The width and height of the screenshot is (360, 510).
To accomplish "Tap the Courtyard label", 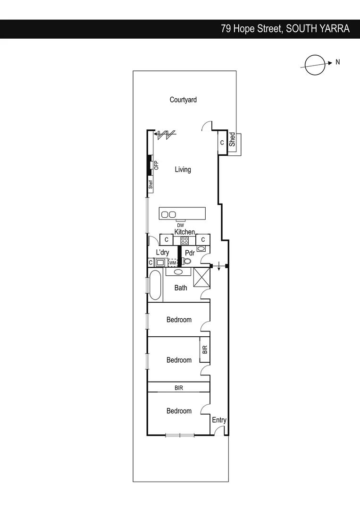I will click(x=183, y=100).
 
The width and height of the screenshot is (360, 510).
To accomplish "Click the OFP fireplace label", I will click(x=157, y=165).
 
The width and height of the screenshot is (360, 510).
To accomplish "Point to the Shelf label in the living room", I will click(x=151, y=185).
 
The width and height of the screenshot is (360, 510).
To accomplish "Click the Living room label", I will click(x=183, y=169).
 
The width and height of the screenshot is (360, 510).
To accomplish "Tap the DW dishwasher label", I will click(x=181, y=225).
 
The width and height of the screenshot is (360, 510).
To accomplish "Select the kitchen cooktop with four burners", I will click(x=184, y=240).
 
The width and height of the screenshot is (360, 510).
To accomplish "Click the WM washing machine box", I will click(x=172, y=262).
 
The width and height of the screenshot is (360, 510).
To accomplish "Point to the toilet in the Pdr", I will click(x=187, y=261).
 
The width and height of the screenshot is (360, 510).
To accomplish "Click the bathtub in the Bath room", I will click(x=155, y=285).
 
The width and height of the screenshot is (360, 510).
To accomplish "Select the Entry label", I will click(x=219, y=420).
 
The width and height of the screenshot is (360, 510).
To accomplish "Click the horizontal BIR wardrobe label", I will click(x=178, y=388).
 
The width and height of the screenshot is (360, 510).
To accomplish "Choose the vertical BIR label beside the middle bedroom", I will click(x=205, y=350).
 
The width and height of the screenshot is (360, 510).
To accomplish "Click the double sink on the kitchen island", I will click(x=168, y=214).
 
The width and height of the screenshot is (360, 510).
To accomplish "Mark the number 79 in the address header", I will click(x=226, y=29).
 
